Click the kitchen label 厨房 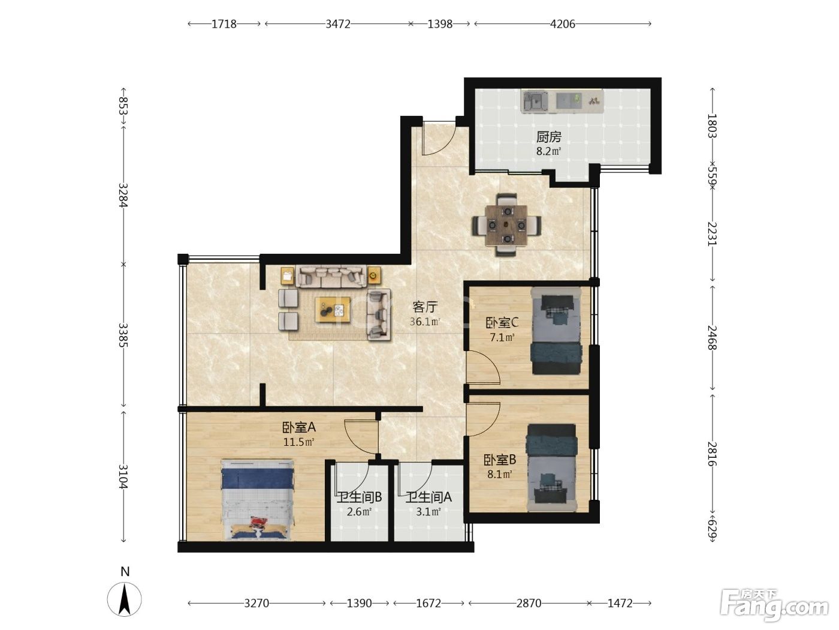pos(548,137)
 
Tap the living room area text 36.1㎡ pos(425,322)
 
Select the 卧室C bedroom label pos(502,323)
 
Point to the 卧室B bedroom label pos(500,460)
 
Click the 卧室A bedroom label pos(299,427)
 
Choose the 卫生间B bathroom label pos(359,497)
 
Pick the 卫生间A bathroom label pos(428,497)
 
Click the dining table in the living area pos(506,226)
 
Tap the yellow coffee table pos(333,310)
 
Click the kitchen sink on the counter pos(535,101)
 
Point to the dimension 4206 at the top pos(562,24)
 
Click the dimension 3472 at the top pos(338,24)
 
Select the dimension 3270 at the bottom pos(256,603)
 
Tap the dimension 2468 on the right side pos(712,337)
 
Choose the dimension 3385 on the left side pos(123,335)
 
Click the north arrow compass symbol pos(124,599)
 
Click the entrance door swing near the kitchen pos(439,138)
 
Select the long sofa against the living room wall pos(331,276)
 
